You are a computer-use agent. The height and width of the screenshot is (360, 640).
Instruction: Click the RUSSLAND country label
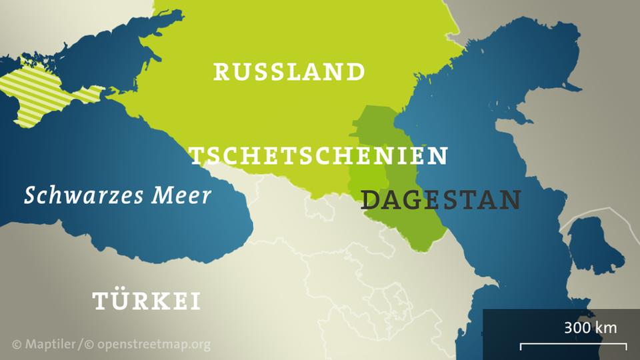click(x=289, y=71)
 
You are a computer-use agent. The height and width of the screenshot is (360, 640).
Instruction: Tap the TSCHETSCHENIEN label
click(x=319, y=156)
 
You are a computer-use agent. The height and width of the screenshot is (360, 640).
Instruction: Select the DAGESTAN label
click(x=441, y=199)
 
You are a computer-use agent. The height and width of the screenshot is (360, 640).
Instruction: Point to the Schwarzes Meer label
click(x=117, y=195)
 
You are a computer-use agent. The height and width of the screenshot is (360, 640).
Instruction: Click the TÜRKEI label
click(x=147, y=301)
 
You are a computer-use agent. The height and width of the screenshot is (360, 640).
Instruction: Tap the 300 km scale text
click(x=590, y=328)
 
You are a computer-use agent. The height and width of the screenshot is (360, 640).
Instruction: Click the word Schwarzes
click(x=83, y=196)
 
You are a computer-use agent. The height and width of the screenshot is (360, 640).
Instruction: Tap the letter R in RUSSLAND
click(x=221, y=71)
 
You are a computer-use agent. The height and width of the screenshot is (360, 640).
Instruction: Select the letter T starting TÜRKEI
click(x=100, y=301)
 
